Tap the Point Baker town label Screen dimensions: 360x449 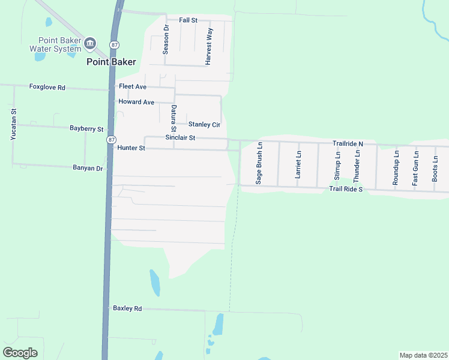(x=111, y=62)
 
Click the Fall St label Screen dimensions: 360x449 (x=188, y=20)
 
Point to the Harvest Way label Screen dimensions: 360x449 (x=209, y=46)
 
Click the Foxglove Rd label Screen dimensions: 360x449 (x=47, y=87)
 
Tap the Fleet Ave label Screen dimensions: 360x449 (x=133, y=87)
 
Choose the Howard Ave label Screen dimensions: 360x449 (x=136, y=102)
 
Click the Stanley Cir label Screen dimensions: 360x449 (x=204, y=125)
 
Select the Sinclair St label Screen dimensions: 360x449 (x=180, y=138)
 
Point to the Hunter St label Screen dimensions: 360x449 (x=131, y=148)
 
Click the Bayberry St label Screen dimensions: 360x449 (x=86, y=128)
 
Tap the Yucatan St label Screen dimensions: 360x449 (x=13, y=125)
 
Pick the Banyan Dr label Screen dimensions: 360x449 (x=88, y=169)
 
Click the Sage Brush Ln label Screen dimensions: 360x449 (x=259, y=163)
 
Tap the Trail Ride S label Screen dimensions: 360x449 (x=346, y=190)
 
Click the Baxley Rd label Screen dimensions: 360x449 (x=127, y=308)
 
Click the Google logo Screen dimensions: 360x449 (x=20, y=352)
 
